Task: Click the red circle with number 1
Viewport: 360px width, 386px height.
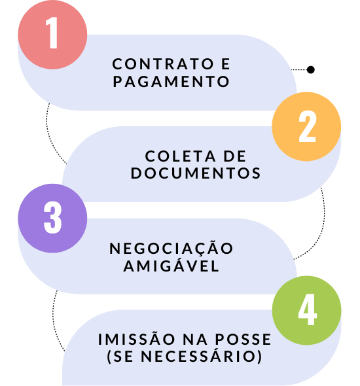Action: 52,35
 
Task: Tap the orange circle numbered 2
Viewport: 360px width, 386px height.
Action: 306,126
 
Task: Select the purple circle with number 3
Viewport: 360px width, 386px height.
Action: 52,219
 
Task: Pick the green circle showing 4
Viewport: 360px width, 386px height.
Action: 306,310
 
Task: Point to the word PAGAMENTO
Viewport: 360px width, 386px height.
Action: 171,82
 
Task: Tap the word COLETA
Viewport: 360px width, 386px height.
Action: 180,156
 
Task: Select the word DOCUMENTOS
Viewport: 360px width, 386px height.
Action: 196,173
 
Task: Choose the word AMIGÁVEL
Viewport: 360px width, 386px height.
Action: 171,265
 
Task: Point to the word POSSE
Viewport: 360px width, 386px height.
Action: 243,340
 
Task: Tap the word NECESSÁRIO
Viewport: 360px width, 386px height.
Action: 198,355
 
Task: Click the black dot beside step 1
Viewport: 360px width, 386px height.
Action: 311,70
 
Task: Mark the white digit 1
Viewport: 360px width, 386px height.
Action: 52,33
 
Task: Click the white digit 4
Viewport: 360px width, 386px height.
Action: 307,309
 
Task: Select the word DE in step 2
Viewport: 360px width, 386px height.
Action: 235,156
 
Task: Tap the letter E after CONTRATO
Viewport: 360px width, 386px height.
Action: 226,64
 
